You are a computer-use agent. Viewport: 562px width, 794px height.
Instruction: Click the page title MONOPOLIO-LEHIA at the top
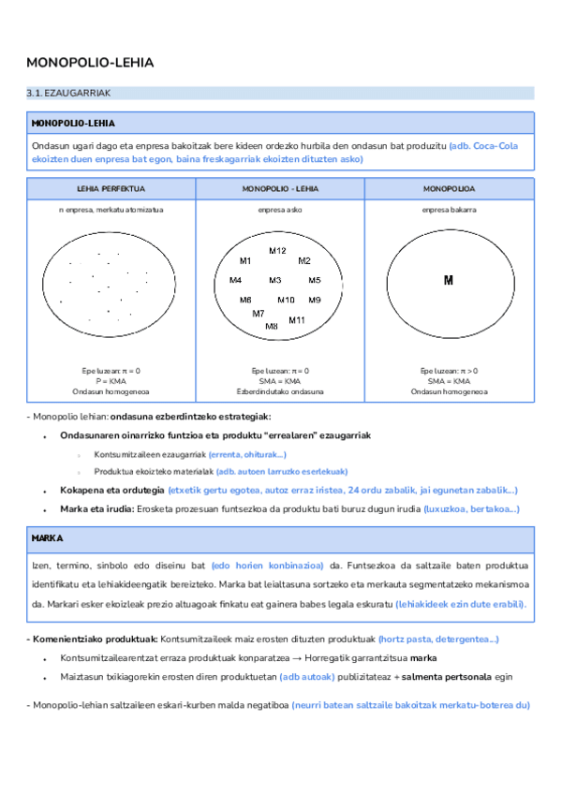coord(90,63)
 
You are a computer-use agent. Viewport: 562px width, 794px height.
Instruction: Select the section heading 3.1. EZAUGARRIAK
coord(69,94)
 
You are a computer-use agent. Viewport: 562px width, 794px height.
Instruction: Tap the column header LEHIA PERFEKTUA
coord(111,188)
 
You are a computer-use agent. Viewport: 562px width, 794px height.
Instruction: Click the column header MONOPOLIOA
coord(448,188)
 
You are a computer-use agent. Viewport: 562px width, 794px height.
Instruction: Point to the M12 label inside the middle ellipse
coord(277,251)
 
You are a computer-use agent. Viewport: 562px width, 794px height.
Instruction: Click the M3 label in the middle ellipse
coord(275,280)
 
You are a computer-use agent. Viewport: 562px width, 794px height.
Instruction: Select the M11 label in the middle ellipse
coord(297,320)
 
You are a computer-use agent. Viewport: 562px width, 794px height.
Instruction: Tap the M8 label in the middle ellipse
coord(272,326)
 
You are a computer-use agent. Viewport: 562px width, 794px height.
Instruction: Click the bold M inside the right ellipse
coord(448,280)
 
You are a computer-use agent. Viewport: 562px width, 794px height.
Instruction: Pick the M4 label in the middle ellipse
coord(235,280)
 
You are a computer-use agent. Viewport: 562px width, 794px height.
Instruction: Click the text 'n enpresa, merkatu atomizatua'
coord(111,210)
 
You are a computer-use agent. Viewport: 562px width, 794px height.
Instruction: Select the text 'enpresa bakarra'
coord(448,210)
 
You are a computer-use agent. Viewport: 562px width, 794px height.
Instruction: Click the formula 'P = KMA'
coord(111,380)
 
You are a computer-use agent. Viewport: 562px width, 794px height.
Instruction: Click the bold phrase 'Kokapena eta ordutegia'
coord(111,490)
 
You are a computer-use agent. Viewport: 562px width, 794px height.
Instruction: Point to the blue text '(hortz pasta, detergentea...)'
coord(437,639)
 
